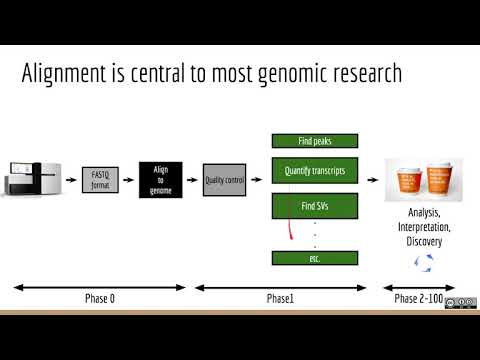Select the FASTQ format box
99,182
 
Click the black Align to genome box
160,180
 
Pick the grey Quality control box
225,180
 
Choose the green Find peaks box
315,141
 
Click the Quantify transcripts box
315,171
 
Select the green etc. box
315,258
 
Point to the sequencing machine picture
34,181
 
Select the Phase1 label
280,299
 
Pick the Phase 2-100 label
420,299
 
